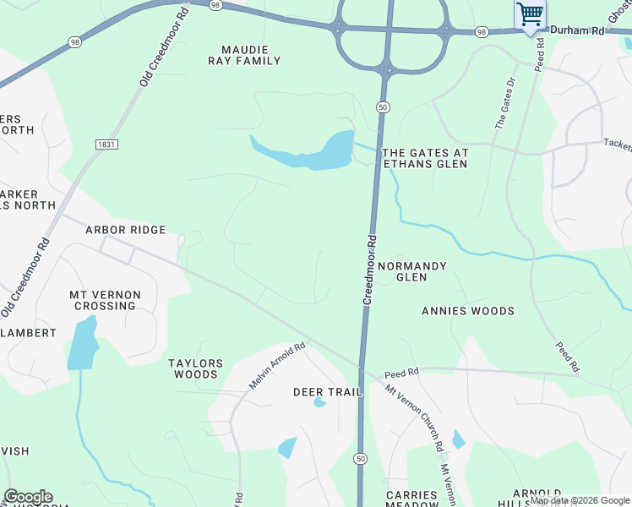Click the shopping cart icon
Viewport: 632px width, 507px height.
coord(530,14)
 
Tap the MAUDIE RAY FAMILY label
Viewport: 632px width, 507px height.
coord(245,55)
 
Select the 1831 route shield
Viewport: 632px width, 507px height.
coord(106,144)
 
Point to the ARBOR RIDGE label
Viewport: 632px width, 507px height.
coord(126,230)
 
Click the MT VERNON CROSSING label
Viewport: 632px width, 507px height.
coord(105,300)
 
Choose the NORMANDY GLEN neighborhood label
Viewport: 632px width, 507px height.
coord(411,271)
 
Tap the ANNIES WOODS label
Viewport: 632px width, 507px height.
coord(468,311)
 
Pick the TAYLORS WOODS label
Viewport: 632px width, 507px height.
coord(195,368)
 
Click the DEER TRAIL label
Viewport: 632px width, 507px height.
coord(327,392)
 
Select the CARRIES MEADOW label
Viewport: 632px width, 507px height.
coord(412,499)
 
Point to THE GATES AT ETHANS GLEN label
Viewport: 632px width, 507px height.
coord(425,159)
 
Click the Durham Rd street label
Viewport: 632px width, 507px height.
coord(579,30)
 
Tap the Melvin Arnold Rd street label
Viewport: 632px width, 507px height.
coord(276,366)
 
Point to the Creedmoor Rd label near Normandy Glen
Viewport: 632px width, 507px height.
coord(369,270)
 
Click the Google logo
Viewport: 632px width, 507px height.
coord(28,497)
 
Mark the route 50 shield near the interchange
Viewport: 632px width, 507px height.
coord(384,107)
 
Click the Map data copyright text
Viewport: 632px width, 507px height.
coord(580,501)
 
